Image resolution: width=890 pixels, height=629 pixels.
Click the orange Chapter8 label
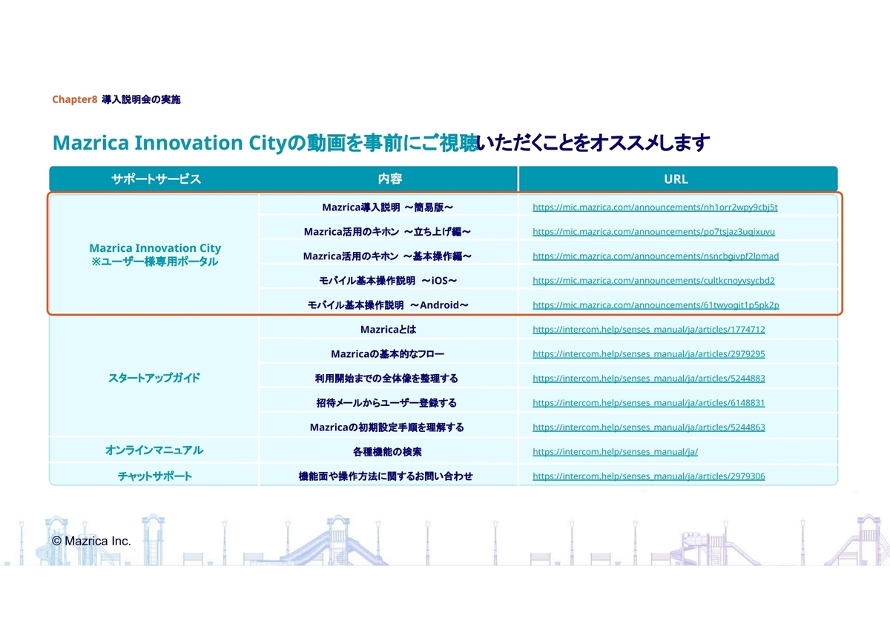coord(74,99)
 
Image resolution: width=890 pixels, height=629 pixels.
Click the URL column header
coord(676,179)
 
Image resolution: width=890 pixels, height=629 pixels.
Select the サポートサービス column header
coord(156,179)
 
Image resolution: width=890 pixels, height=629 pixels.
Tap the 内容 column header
coord(390,179)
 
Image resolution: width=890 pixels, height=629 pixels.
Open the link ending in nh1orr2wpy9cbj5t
coord(655,207)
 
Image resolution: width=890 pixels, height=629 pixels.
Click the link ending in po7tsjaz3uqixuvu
coord(653,231)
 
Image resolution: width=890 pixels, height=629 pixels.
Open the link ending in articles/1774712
coord(648,330)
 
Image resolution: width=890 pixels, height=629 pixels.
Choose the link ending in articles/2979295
coord(648,353)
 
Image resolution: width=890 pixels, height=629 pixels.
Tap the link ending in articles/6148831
coord(648,403)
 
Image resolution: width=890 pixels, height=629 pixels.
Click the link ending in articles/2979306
coord(648,476)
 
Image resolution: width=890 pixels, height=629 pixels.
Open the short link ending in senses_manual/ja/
coord(615,452)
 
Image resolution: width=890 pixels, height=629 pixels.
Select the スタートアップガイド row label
coord(154,378)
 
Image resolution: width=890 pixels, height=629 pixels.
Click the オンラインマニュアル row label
coord(154,450)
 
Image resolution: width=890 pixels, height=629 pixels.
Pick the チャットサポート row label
coord(154,476)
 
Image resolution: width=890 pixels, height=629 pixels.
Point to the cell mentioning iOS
coord(388,281)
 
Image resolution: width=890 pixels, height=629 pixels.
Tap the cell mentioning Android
coord(388,304)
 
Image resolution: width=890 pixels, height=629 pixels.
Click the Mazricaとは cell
coord(388,330)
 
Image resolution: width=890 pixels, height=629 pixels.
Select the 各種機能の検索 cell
coord(387,452)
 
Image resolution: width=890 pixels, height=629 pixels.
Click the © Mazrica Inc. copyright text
coord(91,541)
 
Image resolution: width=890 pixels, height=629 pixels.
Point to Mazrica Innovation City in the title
coord(169,142)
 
